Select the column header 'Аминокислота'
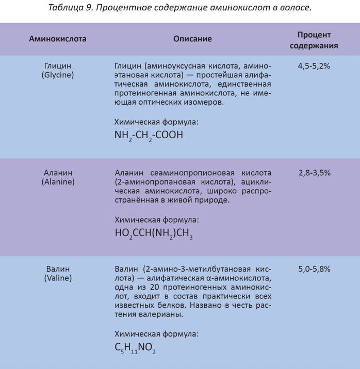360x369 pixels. coord(58,39)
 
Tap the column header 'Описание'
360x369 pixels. coord(192,39)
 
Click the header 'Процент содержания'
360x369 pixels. coord(314,40)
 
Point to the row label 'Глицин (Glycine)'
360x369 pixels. coord(58,71)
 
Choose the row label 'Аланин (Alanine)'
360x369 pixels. coord(58,177)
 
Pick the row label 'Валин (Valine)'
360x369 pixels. coord(58,274)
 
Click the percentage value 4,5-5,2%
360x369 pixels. coord(314,66)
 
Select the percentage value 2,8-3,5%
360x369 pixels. coord(314,173)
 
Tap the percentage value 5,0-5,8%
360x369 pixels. coord(314,269)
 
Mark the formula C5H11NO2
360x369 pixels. coord(135,348)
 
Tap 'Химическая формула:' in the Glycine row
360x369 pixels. coord(156,122)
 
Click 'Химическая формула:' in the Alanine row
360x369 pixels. coord(156,220)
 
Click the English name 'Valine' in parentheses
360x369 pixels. coord(58,278)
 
